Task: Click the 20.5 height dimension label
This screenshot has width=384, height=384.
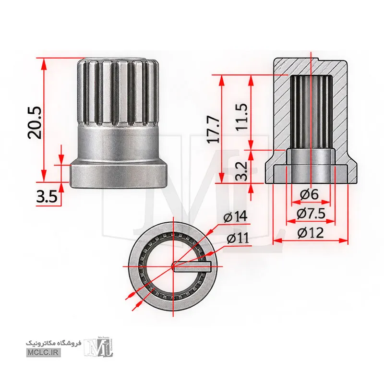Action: [x=35, y=123]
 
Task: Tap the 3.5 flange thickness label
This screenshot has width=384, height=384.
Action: [x=47, y=196]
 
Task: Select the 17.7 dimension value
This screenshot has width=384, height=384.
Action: [x=213, y=130]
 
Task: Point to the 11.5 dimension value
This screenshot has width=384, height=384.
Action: [x=241, y=117]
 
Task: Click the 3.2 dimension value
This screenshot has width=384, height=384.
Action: [x=241, y=171]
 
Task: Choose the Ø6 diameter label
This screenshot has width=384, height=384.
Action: [x=309, y=194]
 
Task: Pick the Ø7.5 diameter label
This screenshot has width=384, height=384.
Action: [x=311, y=214]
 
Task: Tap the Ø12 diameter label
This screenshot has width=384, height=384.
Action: [x=310, y=233]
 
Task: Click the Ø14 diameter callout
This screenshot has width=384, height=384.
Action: [x=235, y=217]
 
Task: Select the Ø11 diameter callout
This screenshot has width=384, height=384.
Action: [x=238, y=238]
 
